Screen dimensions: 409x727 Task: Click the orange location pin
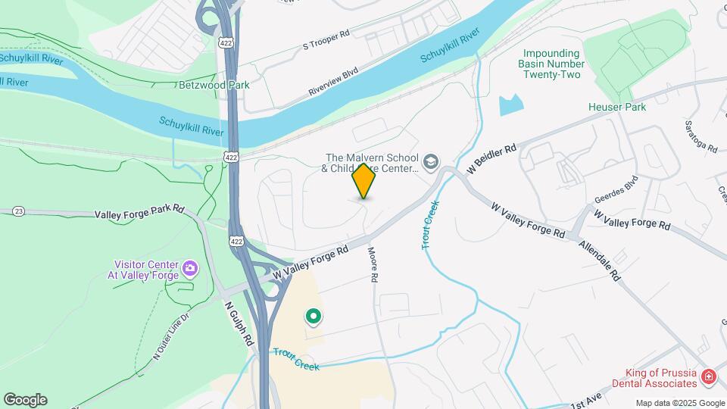coord(363,180)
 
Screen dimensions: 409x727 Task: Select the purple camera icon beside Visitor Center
coord(189,267)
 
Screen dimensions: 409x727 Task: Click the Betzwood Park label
coord(214,86)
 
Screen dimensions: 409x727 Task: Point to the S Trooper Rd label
coord(326,39)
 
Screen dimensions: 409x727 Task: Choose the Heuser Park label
coord(617,107)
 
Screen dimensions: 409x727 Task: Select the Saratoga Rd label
coord(700,136)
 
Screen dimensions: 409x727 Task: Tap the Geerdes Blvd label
coord(616,189)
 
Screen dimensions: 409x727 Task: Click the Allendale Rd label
coord(600,261)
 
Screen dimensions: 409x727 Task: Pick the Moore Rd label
coord(373,265)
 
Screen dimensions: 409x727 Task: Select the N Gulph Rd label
coord(239,323)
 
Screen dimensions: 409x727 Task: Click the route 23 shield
coord(19,211)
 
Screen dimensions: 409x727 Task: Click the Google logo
coord(25,400)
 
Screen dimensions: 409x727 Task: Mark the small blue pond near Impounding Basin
coord(511,105)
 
